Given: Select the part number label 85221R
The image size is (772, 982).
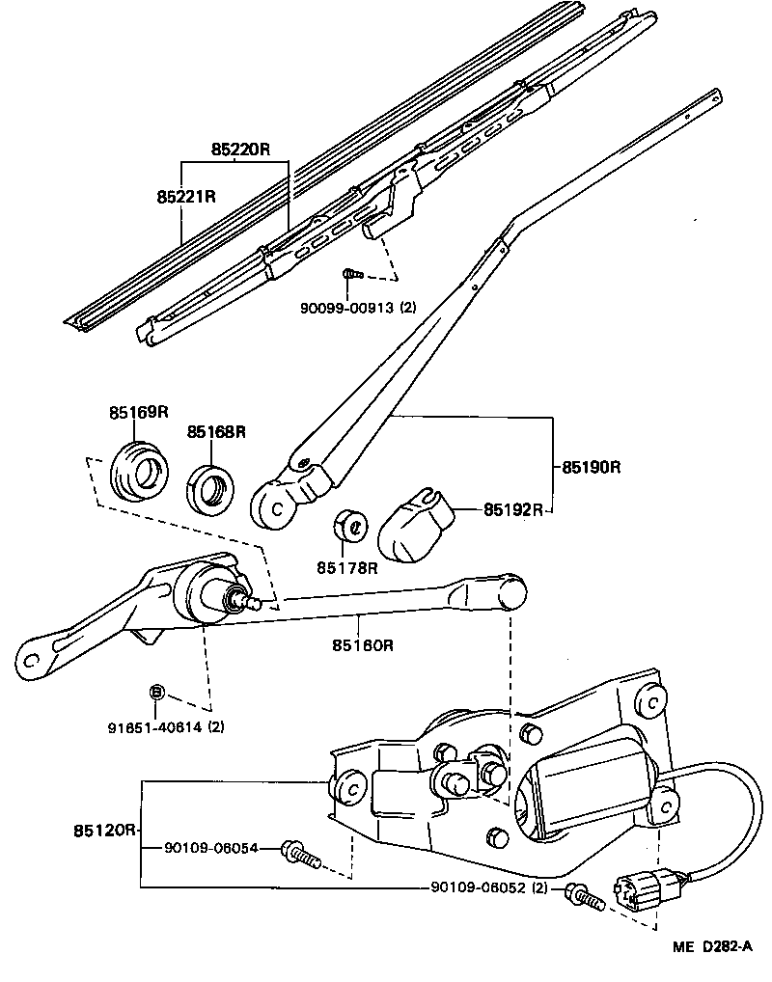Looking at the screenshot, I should [185, 197].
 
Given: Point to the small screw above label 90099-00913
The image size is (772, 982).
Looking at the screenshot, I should [352, 275].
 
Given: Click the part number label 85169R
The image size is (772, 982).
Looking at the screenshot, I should [138, 412].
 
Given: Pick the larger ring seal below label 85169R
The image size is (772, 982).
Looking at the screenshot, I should [139, 470].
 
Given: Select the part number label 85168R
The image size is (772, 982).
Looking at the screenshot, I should [216, 431].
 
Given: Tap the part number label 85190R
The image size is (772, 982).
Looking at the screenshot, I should [591, 467].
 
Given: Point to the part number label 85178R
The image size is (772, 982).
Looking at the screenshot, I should [348, 567].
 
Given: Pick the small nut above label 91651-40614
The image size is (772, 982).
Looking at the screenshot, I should [157, 692].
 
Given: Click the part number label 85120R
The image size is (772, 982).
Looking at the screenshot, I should [104, 830].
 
